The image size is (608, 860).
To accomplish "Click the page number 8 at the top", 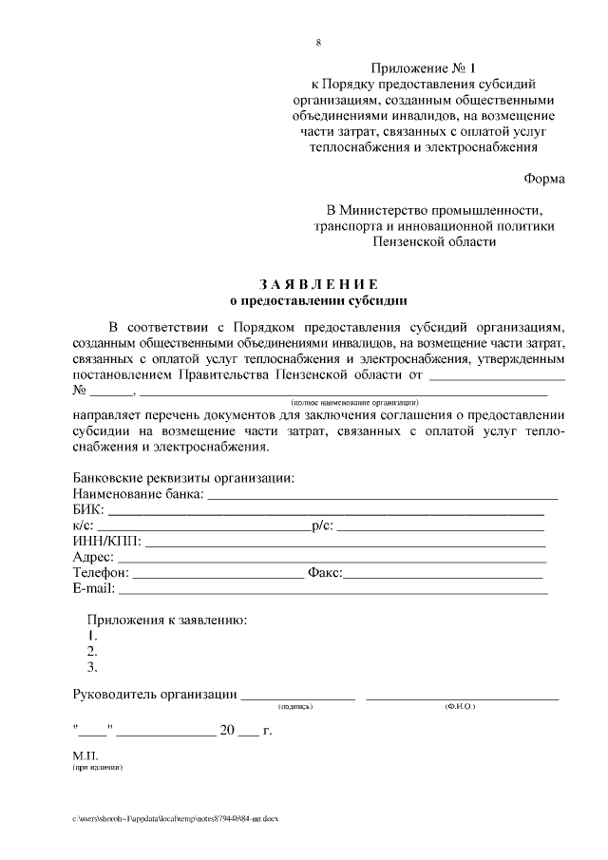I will point(318,43).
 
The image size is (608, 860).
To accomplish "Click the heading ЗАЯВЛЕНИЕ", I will point(318,285).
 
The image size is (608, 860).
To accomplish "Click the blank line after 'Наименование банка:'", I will point(382,496).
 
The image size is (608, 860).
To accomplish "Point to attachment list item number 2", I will point(92,651).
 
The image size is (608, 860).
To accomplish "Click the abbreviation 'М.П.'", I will point(85,755).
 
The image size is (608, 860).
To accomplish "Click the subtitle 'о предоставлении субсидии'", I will point(318,301).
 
